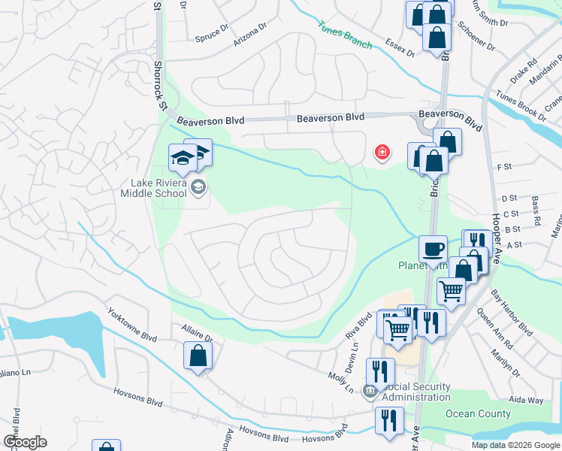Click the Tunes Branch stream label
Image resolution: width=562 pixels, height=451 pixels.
coord(344,35)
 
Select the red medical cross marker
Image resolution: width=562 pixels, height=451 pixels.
coord(382,153)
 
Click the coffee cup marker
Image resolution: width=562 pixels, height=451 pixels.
coord(433,250)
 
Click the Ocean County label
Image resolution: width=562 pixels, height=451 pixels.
coord(478,413)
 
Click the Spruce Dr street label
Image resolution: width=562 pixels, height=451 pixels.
coord(211,33)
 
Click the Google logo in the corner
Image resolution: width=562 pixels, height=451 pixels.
coord(25,442)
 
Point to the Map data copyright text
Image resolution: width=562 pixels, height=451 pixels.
coord(515,445)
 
